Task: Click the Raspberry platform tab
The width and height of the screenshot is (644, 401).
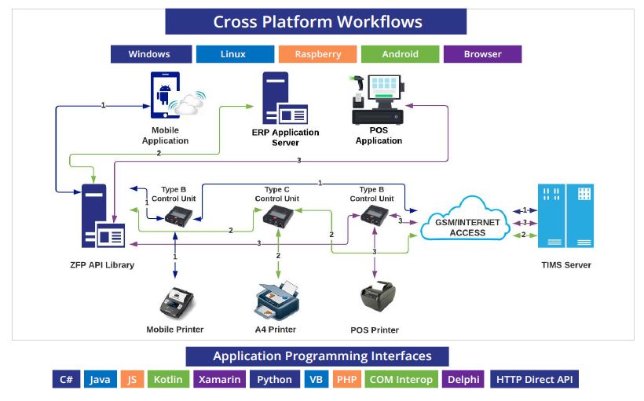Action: (x=318, y=54)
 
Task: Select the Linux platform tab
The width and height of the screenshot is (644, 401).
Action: (x=233, y=54)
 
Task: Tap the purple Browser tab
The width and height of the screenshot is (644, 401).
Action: (x=482, y=54)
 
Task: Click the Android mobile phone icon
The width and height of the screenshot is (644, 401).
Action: (x=167, y=95)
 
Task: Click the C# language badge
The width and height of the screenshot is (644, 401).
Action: (x=67, y=379)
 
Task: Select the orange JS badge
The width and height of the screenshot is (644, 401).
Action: (x=130, y=379)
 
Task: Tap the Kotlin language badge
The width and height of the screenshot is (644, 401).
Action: (x=167, y=379)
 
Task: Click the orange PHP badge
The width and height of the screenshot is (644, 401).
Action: (x=346, y=379)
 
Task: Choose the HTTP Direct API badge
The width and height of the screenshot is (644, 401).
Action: (x=534, y=379)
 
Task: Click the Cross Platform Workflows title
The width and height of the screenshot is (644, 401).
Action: (x=317, y=22)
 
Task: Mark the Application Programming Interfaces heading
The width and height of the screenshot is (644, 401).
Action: (x=317, y=356)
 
